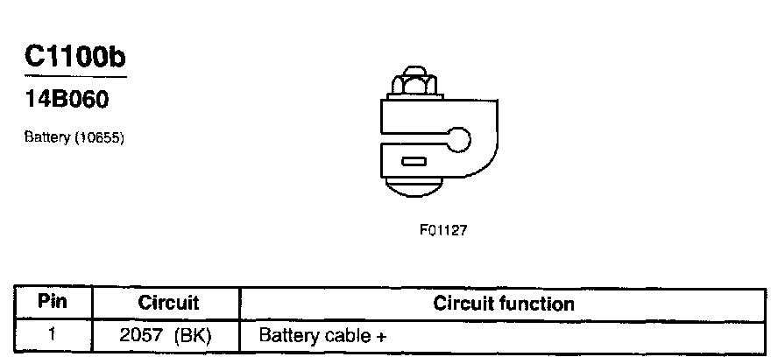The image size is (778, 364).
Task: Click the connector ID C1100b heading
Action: [x=76, y=58]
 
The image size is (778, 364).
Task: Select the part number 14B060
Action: [x=67, y=101]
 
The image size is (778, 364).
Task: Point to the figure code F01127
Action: [x=444, y=231]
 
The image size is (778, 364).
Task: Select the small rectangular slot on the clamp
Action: [x=413, y=161]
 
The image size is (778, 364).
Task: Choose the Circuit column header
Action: [x=168, y=304]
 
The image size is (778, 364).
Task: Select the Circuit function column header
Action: [x=504, y=304]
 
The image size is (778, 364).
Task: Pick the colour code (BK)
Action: [x=193, y=335]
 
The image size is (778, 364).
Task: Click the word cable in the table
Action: [x=343, y=335]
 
